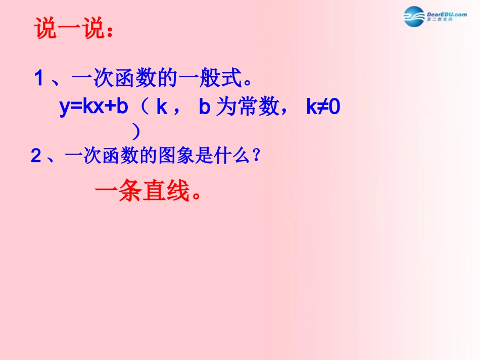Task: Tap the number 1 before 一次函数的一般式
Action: [x=39, y=79]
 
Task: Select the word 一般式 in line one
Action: [x=211, y=79]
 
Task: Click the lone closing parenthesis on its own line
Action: [x=135, y=132]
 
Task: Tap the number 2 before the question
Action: [x=36, y=157]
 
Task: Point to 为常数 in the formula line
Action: [x=248, y=108]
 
